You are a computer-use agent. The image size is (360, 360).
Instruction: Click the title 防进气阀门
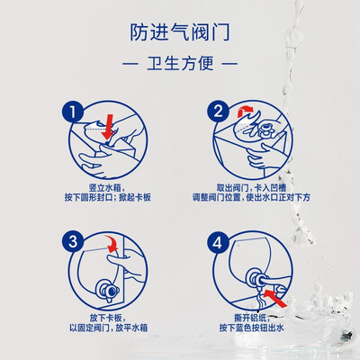pyautogui.click(x=180, y=32)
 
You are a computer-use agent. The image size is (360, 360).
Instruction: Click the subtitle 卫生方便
pyautogui.click(x=180, y=63)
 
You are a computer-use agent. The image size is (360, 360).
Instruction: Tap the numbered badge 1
pyautogui.click(x=73, y=112)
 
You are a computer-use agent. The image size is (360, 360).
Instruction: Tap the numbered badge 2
pyautogui.click(x=218, y=112)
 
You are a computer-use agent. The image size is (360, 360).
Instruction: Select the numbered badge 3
pyautogui.click(x=73, y=241)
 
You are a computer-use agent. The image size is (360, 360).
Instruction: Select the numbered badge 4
pyautogui.click(x=218, y=242)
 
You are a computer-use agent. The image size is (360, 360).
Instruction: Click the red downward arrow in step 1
pyautogui.click(x=108, y=127)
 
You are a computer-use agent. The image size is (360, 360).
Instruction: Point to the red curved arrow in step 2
pyautogui.click(x=245, y=111)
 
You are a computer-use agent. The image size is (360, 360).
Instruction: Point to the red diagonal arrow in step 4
pyautogui.click(x=275, y=298)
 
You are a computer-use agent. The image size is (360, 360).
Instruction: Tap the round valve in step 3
pyautogui.click(x=108, y=291)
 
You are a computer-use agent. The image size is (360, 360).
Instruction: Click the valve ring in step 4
pyautogui.click(x=255, y=278)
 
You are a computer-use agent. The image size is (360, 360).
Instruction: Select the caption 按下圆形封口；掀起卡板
pyautogui.click(x=108, y=198)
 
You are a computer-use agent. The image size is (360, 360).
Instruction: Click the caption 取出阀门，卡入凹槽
pyautogui.click(x=251, y=188)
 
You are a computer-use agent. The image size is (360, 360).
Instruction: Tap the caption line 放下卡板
pyautogui.click(x=108, y=318)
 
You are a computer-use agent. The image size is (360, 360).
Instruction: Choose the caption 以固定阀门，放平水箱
pyautogui.click(x=109, y=328)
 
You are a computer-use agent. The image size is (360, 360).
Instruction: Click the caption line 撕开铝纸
pyautogui.click(x=251, y=318)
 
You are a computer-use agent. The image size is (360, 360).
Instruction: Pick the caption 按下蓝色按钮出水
pyautogui.click(x=251, y=328)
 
